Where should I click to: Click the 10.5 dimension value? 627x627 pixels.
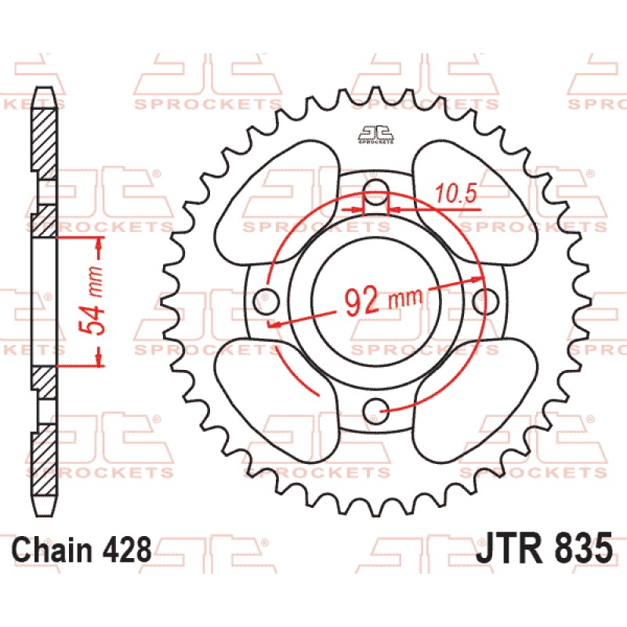point(456,194)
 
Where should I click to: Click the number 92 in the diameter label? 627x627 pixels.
point(362,302)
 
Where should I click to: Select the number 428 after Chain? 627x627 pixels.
point(127,549)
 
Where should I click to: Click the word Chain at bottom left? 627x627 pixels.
point(53,549)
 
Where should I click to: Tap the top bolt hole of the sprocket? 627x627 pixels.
point(376,190)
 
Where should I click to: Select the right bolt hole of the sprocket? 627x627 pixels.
point(486,300)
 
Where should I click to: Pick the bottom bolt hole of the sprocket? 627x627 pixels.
point(376,410)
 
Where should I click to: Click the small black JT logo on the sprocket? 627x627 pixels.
point(376,135)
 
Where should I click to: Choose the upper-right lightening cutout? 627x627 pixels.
point(475,202)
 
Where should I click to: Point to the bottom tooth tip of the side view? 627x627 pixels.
point(44,515)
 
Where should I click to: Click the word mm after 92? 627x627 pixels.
point(405,298)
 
